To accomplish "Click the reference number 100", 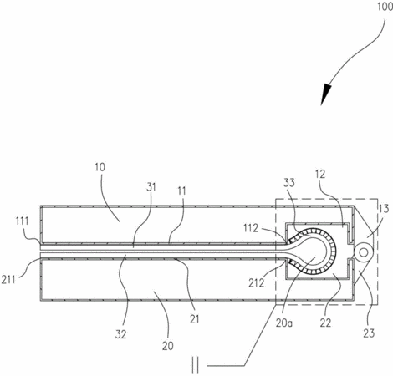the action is [x=385, y=6].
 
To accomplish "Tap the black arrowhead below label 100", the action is [x=326, y=94].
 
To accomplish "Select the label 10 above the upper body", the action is [x=100, y=167].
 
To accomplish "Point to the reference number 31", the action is [x=151, y=187].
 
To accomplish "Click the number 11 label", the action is [x=181, y=191].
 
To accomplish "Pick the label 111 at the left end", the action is [x=22, y=221].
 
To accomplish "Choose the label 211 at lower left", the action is [x=8, y=279].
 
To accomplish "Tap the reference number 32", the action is [x=120, y=334].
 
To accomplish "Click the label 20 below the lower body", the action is [x=167, y=346].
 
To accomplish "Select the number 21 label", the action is [x=195, y=319].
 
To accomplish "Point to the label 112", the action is [x=251, y=228].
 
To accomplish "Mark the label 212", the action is [x=257, y=283].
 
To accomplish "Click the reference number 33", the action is [x=289, y=183].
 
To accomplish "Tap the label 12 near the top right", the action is [x=320, y=175].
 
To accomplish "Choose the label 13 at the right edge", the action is [x=384, y=209].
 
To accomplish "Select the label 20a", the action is [x=284, y=323].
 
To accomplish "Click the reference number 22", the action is [x=325, y=323].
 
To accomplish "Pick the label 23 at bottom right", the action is [x=369, y=333].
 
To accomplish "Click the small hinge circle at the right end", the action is [x=363, y=252].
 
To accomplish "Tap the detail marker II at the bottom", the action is [x=196, y=366].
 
